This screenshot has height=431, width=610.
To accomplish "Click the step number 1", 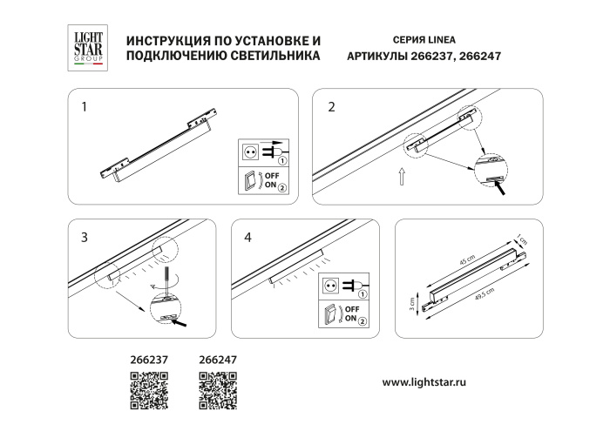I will [x=84, y=108].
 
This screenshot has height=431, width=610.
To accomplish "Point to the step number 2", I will [x=331, y=108].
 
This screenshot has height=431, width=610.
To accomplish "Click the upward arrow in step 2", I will [x=400, y=178].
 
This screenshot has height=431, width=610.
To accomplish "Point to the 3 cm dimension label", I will [x=413, y=304].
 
